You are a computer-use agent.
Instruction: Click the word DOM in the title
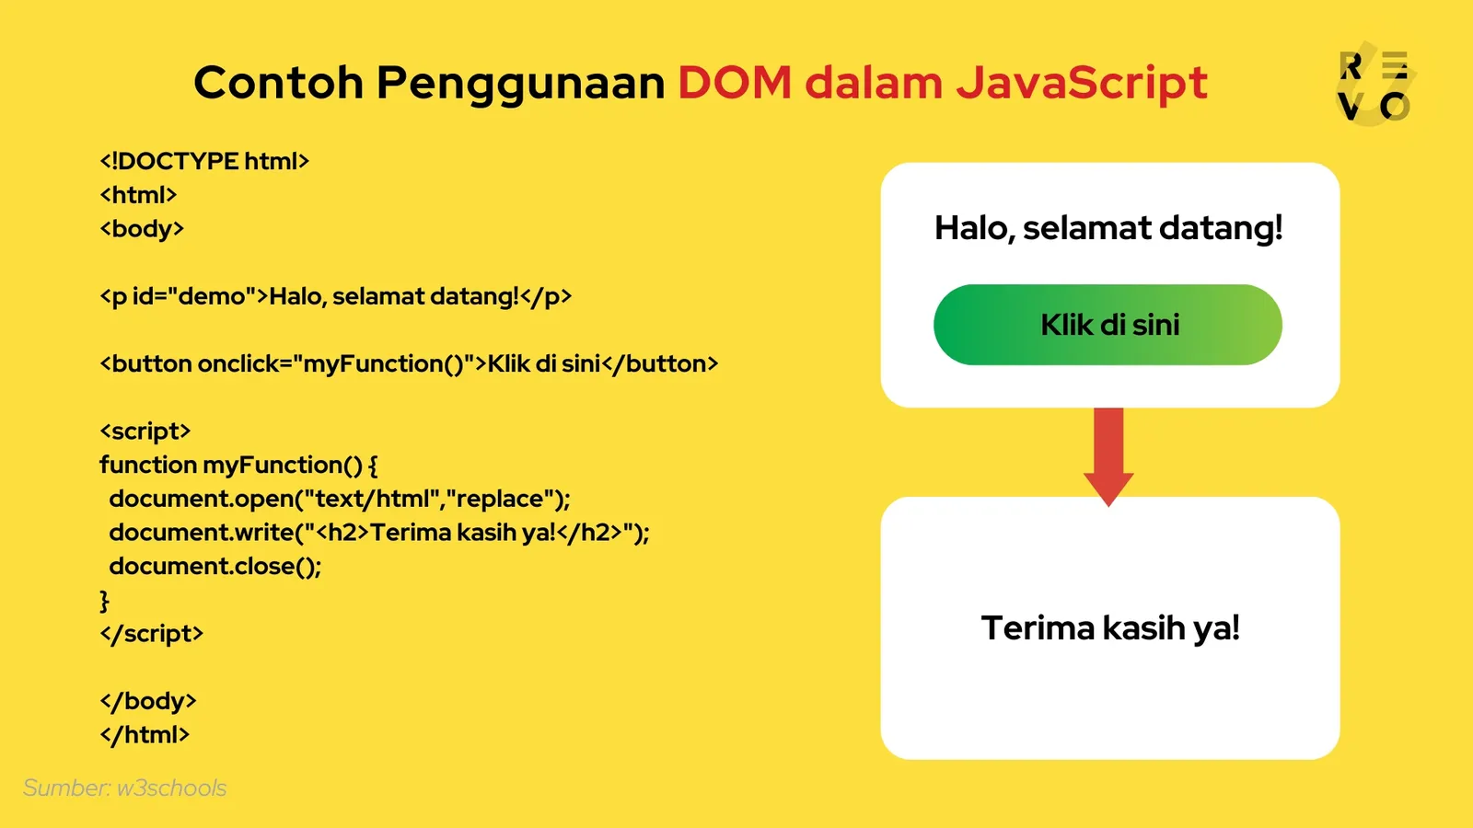pyautogui.click(x=735, y=83)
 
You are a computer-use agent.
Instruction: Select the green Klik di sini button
pyautogui.click(x=1108, y=325)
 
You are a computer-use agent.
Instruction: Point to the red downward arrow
pyautogui.click(x=1108, y=455)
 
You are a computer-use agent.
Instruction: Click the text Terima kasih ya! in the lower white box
pyautogui.click(x=1110, y=628)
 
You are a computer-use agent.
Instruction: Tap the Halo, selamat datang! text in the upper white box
pyautogui.click(x=1108, y=227)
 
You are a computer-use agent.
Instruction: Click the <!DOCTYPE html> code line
pyautogui.click(x=204, y=161)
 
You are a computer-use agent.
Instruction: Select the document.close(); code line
pyautogui.click(x=215, y=566)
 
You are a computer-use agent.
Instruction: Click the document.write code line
pyautogui.click(x=378, y=533)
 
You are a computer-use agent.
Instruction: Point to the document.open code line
pyautogui.click(x=339, y=499)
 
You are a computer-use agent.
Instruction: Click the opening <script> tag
pyautogui.click(x=145, y=431)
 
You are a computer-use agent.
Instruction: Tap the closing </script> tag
pyautogui.click(x=151, y=633)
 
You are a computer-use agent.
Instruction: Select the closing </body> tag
pyautogui.click(x=147, y=701)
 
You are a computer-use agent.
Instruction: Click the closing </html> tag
pyautogui.click(x=145, y=734)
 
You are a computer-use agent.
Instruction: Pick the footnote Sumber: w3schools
pyautogui.click(x=124, y=788)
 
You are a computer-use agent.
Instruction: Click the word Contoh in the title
pyautogui.click(x=278, y=83)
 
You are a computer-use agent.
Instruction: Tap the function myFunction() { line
pyautogui.click(x=238, y=465)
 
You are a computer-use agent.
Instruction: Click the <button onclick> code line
pyautogui.click(x=409, y=363)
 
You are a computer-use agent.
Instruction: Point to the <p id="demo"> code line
pyautogui.click(x=335, y=296)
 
